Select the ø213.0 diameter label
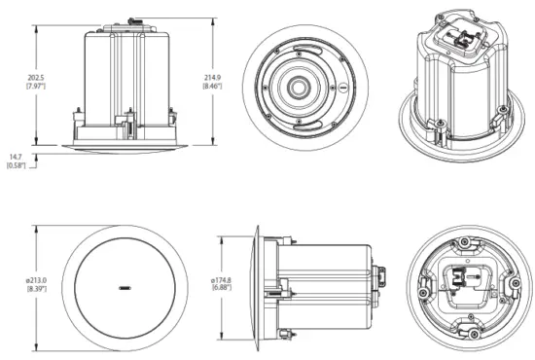pos(36,282)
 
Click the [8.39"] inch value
pos(36,292)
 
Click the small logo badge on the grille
pos(125,289)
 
